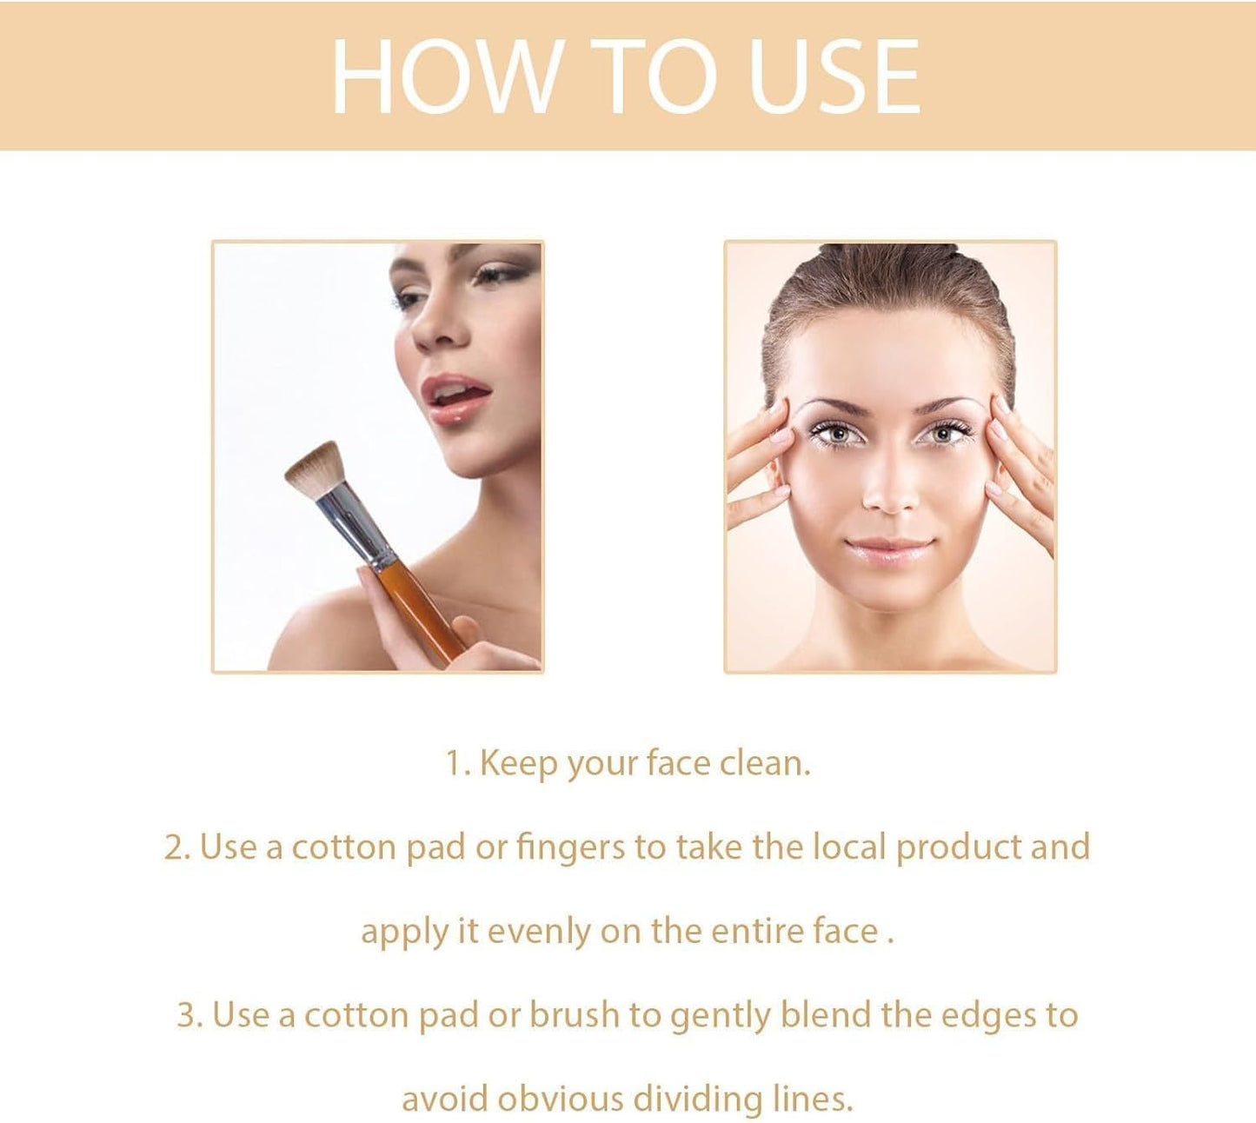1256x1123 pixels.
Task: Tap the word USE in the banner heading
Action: click(833, 76)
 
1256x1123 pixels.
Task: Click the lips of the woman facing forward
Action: click(888, 550)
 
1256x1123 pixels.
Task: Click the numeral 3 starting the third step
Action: click(185, 1015)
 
